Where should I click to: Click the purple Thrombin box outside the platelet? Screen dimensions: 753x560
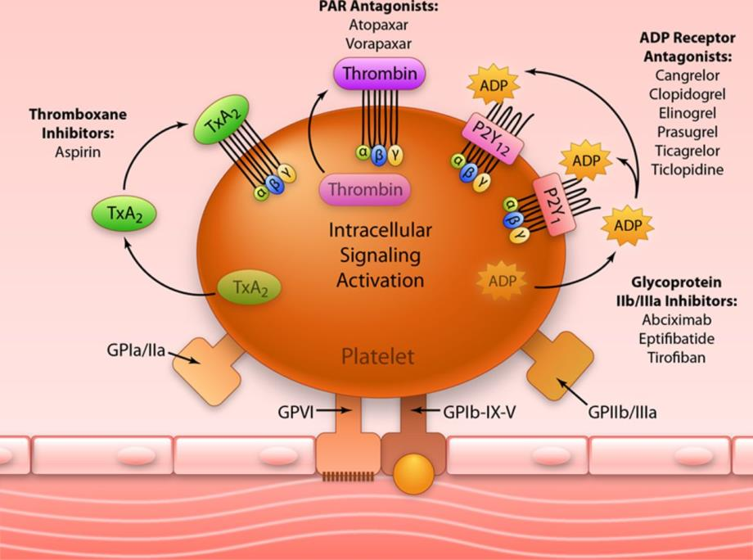click(x=380, y=74)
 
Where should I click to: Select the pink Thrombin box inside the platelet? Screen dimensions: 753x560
click(x=365, y=189)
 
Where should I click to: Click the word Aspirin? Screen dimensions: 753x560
click(x=78, y=151)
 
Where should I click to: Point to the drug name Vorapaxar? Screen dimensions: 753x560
click(x=378, y=43)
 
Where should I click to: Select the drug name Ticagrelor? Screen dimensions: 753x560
click(x=688, y=151)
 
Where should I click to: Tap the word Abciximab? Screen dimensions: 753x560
click(x=677, y=320)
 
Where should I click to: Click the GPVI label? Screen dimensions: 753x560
click(x=295, y=412)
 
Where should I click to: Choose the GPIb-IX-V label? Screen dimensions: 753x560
click(x=479, y=412)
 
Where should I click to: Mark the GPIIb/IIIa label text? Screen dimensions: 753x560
click(x=622, y=412)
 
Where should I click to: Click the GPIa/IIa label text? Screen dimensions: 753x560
click(x=136, y=350)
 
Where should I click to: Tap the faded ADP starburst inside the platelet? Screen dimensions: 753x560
click(x=502, y=281)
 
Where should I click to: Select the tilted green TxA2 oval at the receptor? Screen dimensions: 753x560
click(x=221, y=120)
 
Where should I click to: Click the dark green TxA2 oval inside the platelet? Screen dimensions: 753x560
click(x=250, y=287)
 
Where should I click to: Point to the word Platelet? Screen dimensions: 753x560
click(x=377, y=357)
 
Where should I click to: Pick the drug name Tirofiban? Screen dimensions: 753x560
click(x=677, y=357)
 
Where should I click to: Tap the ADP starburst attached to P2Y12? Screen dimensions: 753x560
click(x=494, y=85)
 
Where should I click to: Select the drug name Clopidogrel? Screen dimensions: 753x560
click(x=688, y=95)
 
